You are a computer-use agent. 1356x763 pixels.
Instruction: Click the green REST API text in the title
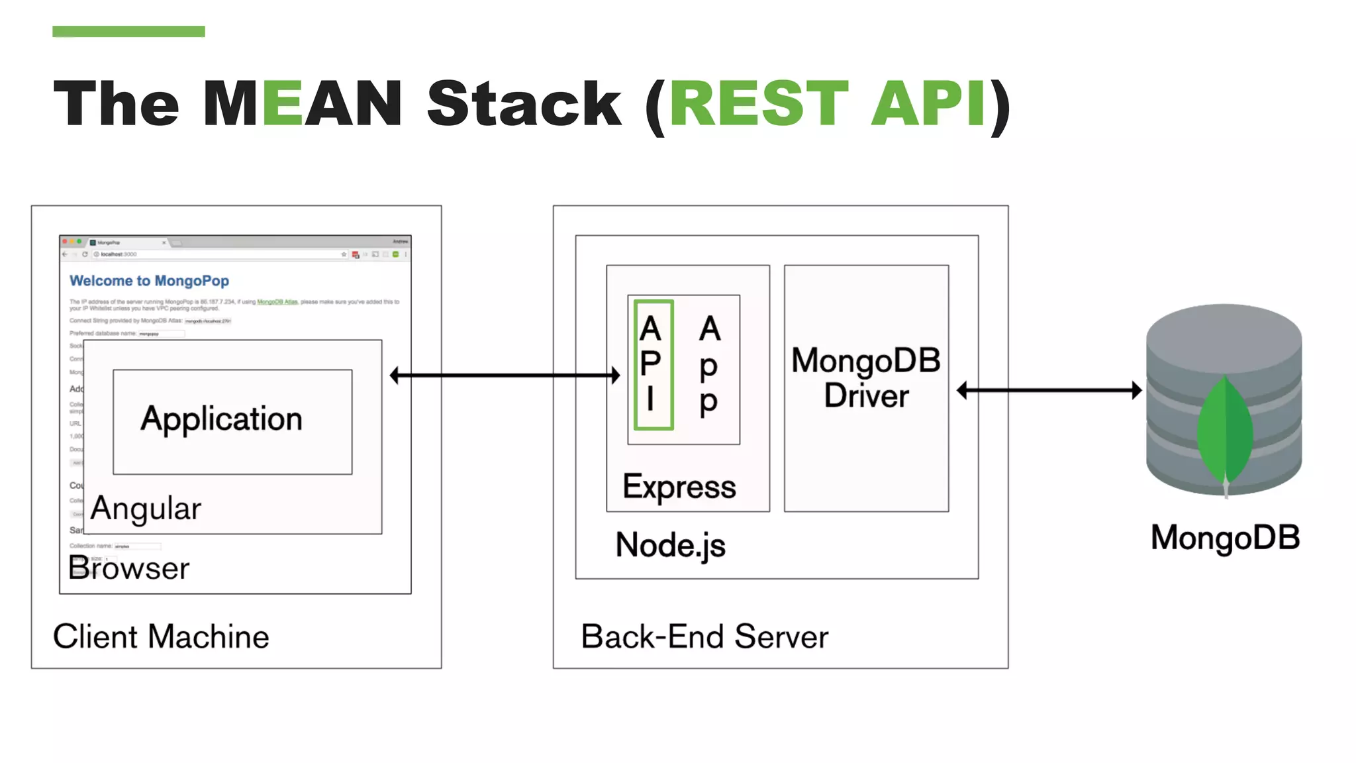pos(828,103)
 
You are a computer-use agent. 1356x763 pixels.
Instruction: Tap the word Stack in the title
pos(524,103)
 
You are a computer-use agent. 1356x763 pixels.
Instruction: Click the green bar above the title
pos(128,31)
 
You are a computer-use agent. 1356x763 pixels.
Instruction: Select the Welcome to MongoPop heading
pos(149,281)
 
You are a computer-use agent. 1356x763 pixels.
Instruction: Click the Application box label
pos(221,419)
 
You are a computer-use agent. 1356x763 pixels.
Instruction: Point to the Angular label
pos(146,509)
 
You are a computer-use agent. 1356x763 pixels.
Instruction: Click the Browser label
pos(129,568)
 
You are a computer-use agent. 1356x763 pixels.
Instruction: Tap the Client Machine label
pos(161,636)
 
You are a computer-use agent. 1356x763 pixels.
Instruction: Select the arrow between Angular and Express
pos(505,376)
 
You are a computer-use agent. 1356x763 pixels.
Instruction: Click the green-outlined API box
pos(653,365)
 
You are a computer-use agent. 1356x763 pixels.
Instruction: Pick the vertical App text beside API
pos(709,365)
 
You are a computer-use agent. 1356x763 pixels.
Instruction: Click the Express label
pos(679,487)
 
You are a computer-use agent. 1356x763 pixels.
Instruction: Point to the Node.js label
pos(670,545)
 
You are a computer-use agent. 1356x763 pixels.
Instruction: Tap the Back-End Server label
pos(704,636)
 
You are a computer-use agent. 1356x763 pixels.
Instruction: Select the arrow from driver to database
pos(1049,390)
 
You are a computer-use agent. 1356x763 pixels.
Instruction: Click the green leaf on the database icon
pos(1225,431)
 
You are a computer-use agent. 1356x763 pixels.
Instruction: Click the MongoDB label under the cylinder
pos(1225,537)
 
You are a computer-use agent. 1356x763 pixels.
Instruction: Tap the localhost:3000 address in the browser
pos(119,254)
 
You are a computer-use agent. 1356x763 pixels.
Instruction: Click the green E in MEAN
pos(283,103)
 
